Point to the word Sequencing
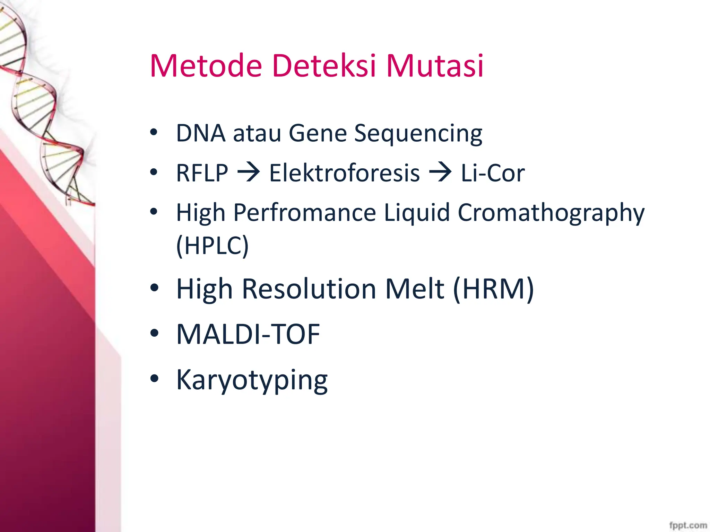pos(418,134)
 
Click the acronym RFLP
pos(202,173)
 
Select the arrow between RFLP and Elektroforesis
pos(248,172)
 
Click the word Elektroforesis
pos(344,173)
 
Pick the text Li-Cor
pos(492,173)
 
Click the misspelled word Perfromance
pos(304,213)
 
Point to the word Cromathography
pos(551,213)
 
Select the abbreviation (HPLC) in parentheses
pos(212,246)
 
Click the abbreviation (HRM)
pos(493,289)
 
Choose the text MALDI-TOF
pos(248,334)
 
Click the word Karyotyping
pos(252,380)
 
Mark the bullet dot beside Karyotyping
pos(154,379)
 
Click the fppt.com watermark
pos(688,525)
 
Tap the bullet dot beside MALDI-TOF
pos(154,333)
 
